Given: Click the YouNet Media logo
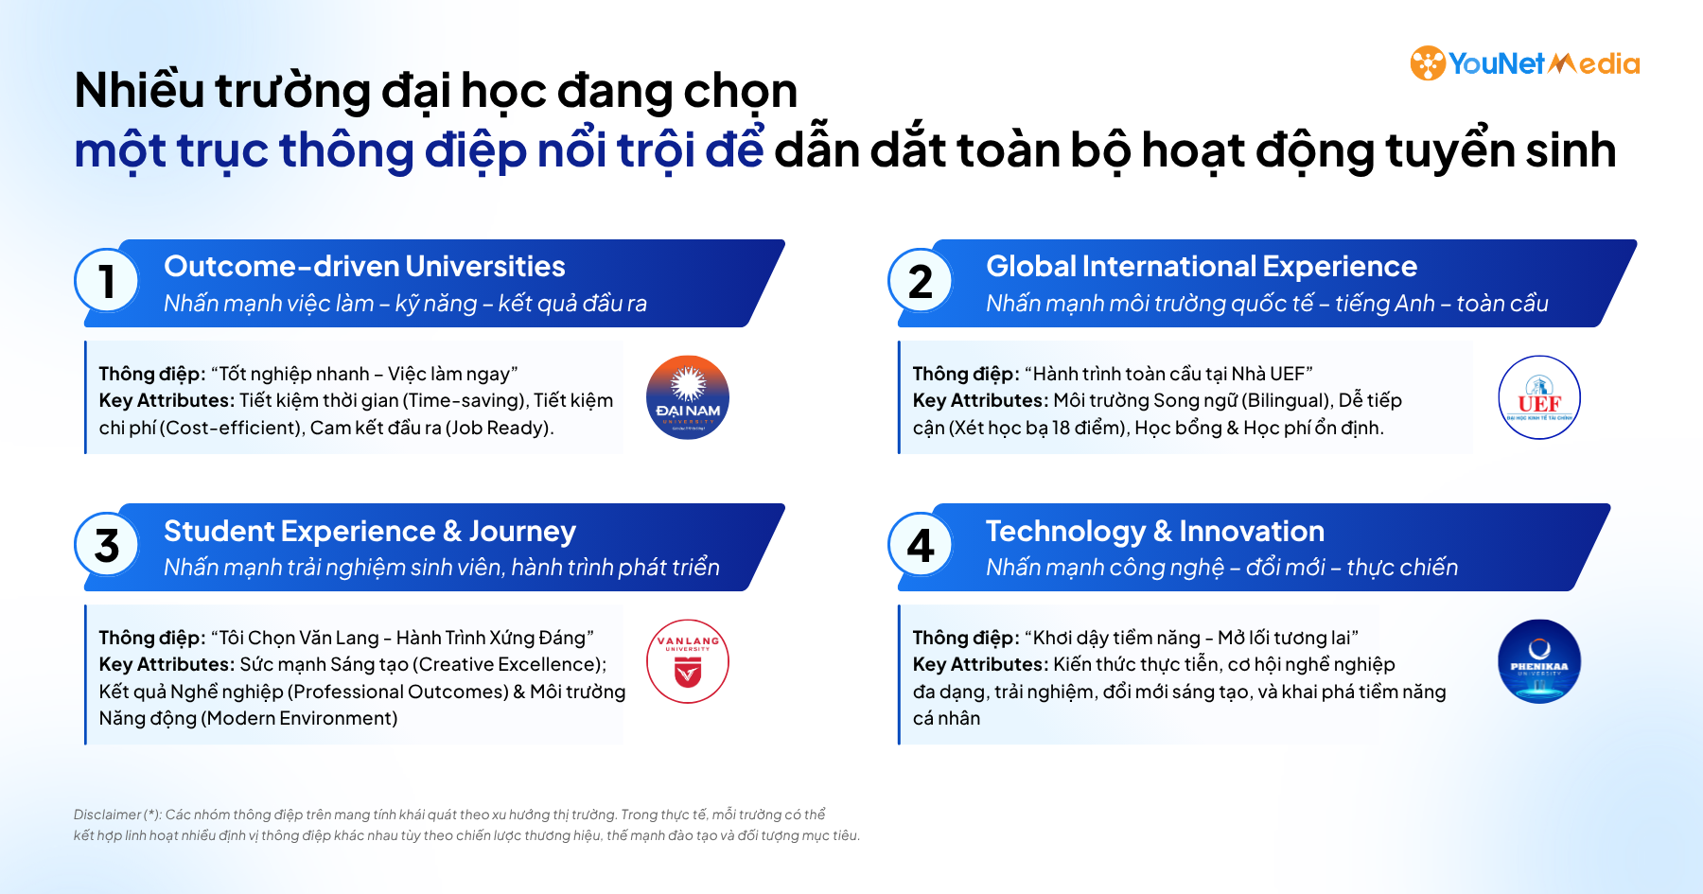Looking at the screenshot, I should [1524, 63].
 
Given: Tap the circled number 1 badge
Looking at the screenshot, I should [107, 282].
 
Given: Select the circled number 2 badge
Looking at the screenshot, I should [921, 282].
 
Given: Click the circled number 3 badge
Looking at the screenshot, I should [107, 546].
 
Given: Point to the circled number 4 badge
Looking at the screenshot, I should [921, 546].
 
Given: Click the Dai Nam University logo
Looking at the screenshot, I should [688, 397].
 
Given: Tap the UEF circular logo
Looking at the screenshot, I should [1539, 397].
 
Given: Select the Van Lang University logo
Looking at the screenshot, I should [688, 661].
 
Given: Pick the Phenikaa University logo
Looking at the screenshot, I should [1539, 661].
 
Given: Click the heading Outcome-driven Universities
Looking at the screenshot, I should [364, 267].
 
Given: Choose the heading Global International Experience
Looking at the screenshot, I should [1201, 267].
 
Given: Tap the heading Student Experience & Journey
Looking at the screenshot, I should [369, 532].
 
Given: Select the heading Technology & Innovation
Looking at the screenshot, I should [1154, 532].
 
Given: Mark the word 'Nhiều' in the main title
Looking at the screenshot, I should [139, 91].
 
